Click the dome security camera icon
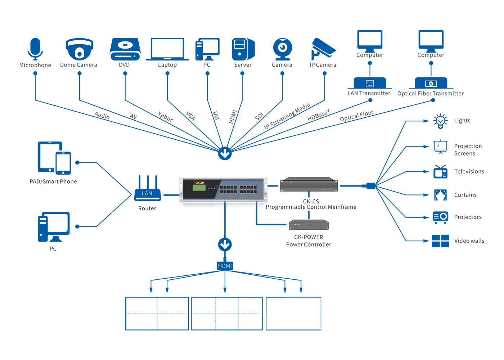click(80, 49)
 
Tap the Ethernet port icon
click(370, 84)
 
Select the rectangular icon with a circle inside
click(431, 84)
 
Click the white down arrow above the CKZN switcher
click(225, 154)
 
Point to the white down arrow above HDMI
click(225, 245)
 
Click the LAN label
click(147, 194)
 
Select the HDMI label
click(225, 266)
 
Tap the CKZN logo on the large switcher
click(199, 183)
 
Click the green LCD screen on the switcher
click(199, 188)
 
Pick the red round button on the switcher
click(216, 187)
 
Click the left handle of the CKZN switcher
click(181, 189)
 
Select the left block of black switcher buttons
click(228, 189)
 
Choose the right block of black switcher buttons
click(248, 189)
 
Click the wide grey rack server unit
click(309, 184)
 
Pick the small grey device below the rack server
click(309, 225)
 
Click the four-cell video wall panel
click(157, 313)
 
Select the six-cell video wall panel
click(227, 313)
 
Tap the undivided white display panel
click(293, 313)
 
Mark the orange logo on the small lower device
click(297, 225)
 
